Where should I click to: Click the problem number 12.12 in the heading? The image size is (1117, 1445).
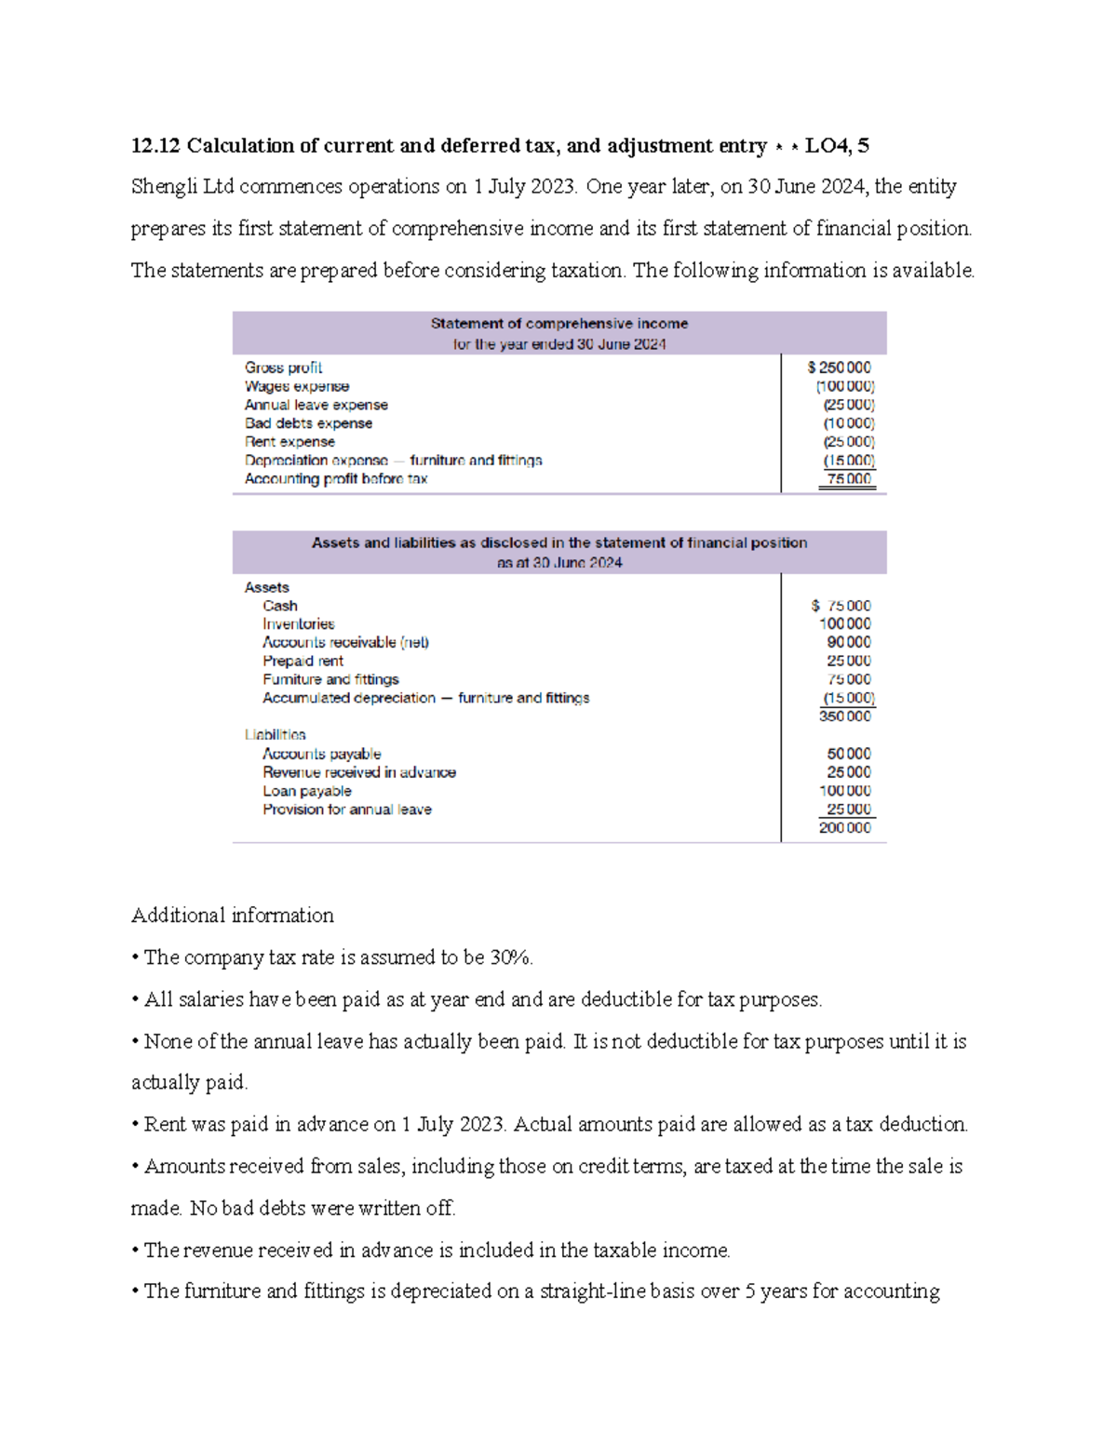pyautogui.click(x=155, y=146)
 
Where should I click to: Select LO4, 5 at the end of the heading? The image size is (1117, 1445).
pyautogui.click(x=837, y=146)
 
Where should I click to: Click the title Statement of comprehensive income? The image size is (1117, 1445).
pyautogui.click(x=558, y=324)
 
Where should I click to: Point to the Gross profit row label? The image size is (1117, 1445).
pyautogui.click(x=283, y=368)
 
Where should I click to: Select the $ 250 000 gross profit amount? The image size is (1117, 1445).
pyautogui.click(x=840, y=368)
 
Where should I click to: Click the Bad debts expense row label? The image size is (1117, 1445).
pyautogui.click(x=308, y=423)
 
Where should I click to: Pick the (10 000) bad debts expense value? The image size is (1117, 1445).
pyautogui.click(x=849, y=423)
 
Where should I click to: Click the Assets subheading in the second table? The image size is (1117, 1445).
pyautogui.click(x=266, y=587)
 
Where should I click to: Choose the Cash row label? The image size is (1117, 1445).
pyautogui.click(x=279, y=606)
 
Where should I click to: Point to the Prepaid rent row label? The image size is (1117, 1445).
pyautogui.click(x=303, y=661)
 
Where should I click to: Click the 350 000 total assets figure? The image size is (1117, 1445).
pyautogui.click(x=845, y=716)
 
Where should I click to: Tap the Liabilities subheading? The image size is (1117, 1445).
pyautogui.click(x=275, y=735)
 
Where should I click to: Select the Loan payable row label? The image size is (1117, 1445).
pyautogui.click(x=306, y=791)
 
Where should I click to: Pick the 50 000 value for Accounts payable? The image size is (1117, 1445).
pyautogui.click(x=849, y=754)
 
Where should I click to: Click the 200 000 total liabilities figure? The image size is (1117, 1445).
pyautogui.click(x=845, y=828)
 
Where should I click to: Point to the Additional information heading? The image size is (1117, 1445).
pyautogui.click(x=233, y=916)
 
